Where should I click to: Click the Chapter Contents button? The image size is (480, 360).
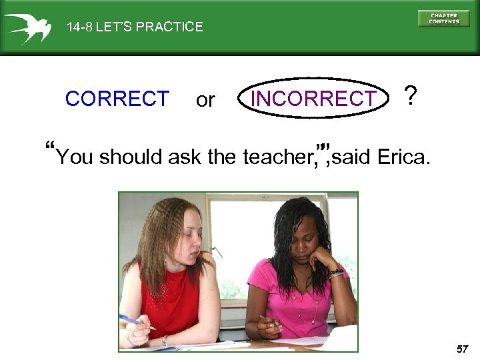[443, 18]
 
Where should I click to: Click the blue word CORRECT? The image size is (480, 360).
[117, 99]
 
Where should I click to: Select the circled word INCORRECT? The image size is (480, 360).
[313, 99]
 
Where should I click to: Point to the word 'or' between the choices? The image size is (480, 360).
[205, 100]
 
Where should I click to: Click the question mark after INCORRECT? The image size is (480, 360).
[411, 97]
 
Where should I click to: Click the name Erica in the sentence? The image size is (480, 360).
[403, 157]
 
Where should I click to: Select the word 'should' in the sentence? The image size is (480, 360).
[131, 157]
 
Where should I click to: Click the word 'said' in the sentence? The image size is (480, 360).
[352, 157]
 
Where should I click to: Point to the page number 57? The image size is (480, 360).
[463, 349]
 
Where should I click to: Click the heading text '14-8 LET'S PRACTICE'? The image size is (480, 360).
[135, 27]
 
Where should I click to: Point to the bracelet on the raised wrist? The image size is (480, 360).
[335, 273]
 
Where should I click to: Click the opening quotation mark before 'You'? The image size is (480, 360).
[51, 147]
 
